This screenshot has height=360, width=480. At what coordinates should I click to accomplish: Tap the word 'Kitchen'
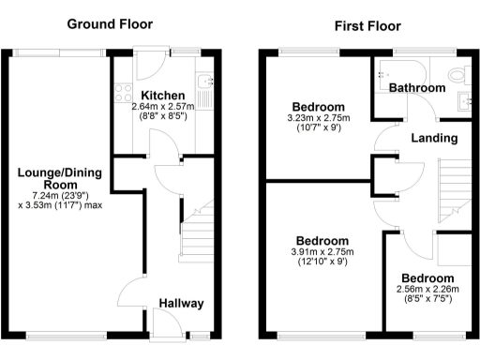(x=163, y=96)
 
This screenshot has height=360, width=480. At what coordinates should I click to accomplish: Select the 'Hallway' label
(x=180, y=304)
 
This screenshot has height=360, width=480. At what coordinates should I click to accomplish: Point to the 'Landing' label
(x=434, y=139)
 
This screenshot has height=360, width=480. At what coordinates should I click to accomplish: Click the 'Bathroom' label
(x=417, y=88)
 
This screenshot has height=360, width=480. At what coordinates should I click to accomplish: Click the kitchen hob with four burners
(x=122, y=92)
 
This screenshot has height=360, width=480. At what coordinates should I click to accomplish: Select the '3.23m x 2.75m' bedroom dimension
(x=318, y=119)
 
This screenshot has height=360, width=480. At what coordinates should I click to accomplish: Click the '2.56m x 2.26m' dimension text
(x=427, y=291)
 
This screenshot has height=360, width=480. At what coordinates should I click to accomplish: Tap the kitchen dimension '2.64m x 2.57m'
(x=163, y=107)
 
